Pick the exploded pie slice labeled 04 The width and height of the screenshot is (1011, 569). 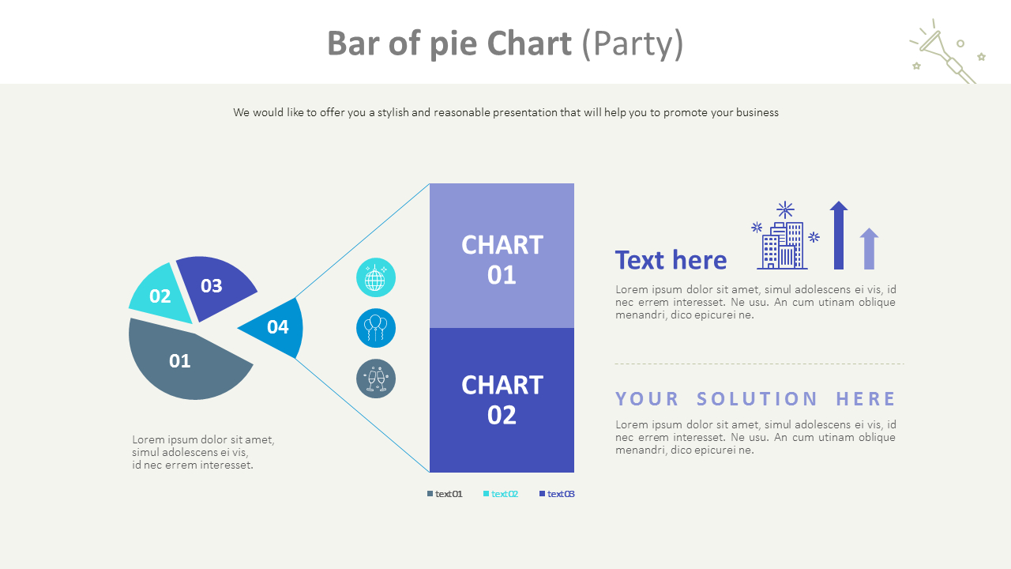(276, 327)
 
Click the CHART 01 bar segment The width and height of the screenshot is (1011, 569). (502, 256)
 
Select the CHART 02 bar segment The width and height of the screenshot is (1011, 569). (502, 400)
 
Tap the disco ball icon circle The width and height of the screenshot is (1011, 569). (376, 277)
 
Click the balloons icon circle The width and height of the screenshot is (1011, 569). (376, 328)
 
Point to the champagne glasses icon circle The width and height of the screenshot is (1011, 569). (376, 379)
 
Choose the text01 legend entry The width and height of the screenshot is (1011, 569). (445, 494)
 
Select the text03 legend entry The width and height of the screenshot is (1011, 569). (557, 494)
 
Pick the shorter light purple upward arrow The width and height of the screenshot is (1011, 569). (869, 249)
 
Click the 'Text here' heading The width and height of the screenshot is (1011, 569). (671, 260)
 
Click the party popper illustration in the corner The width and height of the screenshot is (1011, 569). (946, 51)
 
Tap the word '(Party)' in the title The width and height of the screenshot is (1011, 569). (632, 44)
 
